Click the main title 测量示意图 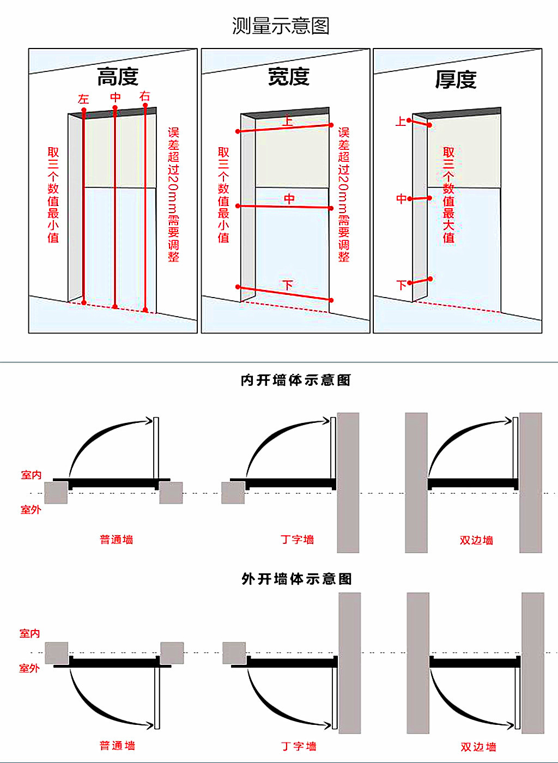click(281, 26)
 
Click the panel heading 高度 click(118, 77)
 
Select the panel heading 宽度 click(289, 77)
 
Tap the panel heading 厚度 click(456, 80)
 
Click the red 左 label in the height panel click(83, 99)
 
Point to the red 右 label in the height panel click(144, 96)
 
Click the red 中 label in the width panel click(289, 199)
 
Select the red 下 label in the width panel click(288, 285)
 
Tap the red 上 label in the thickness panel click(401, 121)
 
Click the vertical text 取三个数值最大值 click(448, 195)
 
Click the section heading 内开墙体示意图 click(296, 380)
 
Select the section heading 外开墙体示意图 click(297, 579)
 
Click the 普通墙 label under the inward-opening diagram click(117, 540)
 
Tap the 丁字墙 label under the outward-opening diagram click(299, 746)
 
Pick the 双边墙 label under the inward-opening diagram click(476, 540)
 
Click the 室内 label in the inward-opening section click(31, 475)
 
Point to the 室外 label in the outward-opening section click(29, 668)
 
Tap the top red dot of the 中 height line click(115, 108)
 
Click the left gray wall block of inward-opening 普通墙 click(56, 493)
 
